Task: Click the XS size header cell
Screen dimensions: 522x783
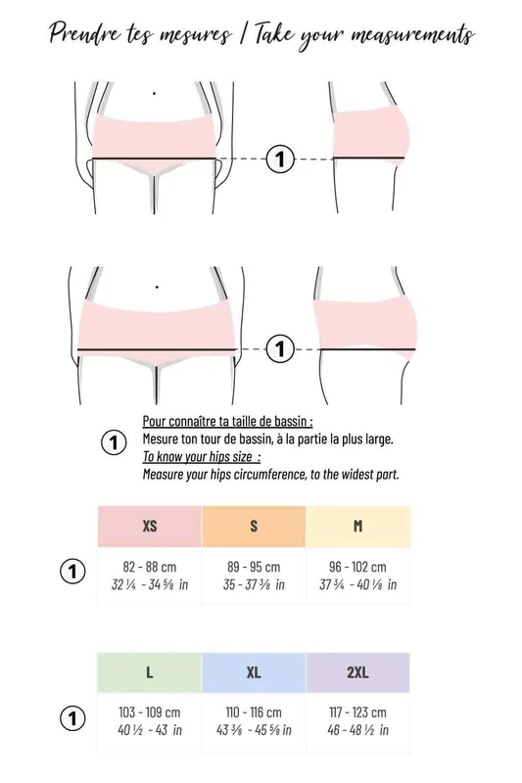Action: pyautogui.click(x=150, y=526)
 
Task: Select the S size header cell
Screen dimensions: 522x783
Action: pyautogui.click(x=254, y=526)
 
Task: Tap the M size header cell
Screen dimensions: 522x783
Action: pyautogui.click(x=357, y=526)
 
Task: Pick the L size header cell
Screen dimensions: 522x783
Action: pyautogui.click(x=150, y=672)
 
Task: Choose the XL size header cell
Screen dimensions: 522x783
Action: pyautogui.click(x=254, y=672)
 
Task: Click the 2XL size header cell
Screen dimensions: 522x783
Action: pyautogui.click(x=357, y=672)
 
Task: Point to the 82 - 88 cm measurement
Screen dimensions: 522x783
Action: pyautogui.click(x=150, y=567)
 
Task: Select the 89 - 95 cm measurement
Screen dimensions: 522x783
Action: pyautogui.click(x=254, y=567)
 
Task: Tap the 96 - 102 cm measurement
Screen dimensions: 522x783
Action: pyautogui.click(x=357, y=567)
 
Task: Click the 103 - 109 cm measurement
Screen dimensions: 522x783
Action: pyautogui.click(x=150, y=713)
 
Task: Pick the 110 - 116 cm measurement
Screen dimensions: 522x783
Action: pyautogui.click(x=254, y=713)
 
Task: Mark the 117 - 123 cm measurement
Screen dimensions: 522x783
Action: pyautogui.click(x=357, y=713)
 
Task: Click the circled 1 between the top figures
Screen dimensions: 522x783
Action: pyautogui.click(x=280, y=160)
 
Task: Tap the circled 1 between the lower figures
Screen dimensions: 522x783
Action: pyautogui.click(x=280, y=349)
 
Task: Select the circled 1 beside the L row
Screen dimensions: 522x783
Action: pyautogui.click(x=72, y=718)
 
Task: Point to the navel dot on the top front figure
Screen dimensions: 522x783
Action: pyautogui.click(x=154, y=93)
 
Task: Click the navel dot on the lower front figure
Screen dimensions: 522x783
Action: pyautogui.click(x=157, y=287)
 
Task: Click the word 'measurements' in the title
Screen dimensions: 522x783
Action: pyautogui.click(x=412, y=35)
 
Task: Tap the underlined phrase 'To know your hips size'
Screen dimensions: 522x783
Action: pyautogui.click(x=202, y=457)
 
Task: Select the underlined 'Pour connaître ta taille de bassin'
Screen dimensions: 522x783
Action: pyautogui.click(x=227, y=422)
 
